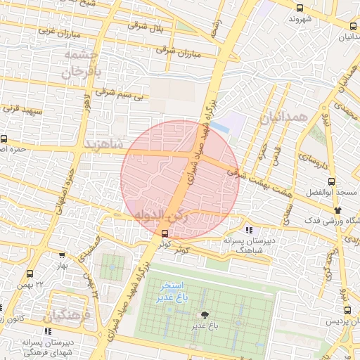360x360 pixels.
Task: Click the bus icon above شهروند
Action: (300, 8)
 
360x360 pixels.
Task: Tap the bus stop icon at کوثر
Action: (165, 233)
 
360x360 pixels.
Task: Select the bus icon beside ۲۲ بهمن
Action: (30, 274)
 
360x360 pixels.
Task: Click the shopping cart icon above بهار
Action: (62, 257)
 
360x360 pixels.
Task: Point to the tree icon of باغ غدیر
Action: (205, 316)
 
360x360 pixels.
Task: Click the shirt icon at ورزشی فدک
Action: (337, 210)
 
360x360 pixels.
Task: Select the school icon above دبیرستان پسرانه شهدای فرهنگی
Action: (47, 331)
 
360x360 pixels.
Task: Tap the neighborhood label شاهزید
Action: (103, 143)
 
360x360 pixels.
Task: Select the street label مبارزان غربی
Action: (56, 31)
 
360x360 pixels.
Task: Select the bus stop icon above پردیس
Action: (347, 310)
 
